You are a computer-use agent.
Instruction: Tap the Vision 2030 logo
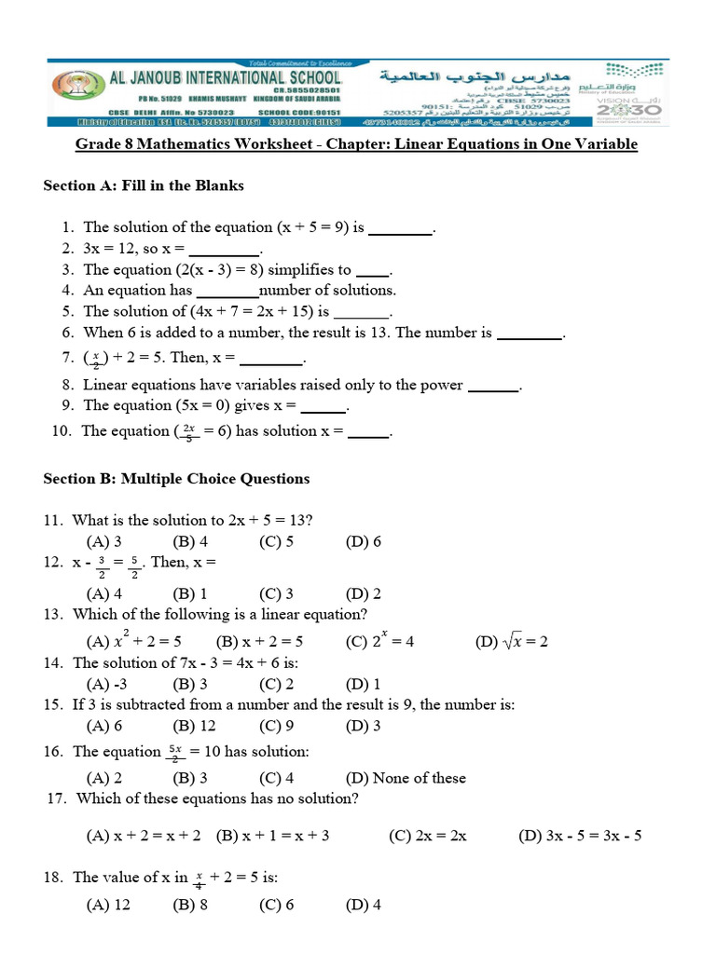630,103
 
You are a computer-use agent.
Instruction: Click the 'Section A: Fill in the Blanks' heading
144,185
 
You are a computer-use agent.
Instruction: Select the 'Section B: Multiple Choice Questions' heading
176,479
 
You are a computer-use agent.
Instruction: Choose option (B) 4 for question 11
190,542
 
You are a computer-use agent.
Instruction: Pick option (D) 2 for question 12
363,593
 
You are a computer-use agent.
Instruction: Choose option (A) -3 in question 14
103,685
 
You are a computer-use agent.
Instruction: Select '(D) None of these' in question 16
405,778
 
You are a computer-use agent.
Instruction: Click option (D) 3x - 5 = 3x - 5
579,836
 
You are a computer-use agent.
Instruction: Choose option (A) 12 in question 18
108,905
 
